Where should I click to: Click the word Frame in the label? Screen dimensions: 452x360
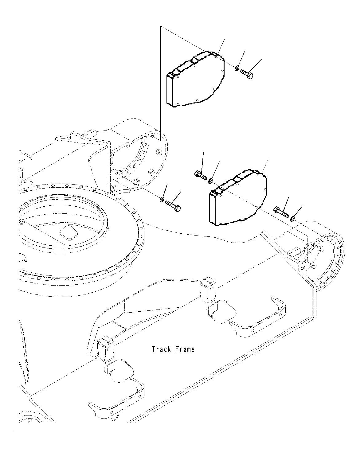click(185, 349)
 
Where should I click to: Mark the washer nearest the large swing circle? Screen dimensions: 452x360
click(161, 200)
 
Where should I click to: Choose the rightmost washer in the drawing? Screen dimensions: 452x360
click(292, 218)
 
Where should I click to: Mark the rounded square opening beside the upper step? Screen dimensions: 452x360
click(222, 312)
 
